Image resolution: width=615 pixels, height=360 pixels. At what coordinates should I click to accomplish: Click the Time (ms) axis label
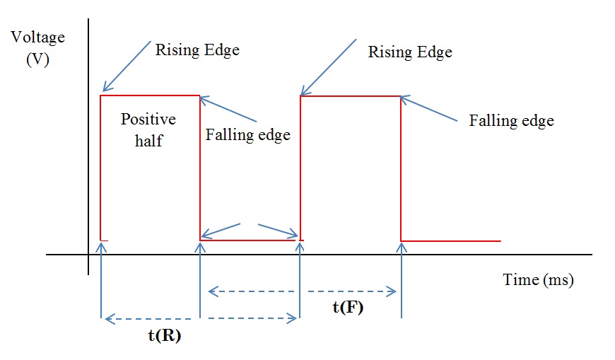(538, 280)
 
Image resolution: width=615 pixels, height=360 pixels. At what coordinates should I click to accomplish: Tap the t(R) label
(165, 336)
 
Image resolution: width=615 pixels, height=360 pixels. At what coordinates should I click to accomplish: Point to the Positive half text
(148, 129)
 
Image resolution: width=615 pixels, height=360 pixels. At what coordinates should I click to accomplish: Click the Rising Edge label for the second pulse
(410, 52)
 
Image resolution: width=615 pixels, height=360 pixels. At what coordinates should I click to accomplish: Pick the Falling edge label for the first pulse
(247, 134)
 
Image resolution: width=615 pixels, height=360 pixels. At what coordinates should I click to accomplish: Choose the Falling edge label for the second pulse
(511, 120)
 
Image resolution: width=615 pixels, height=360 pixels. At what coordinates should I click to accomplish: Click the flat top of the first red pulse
(150, 95)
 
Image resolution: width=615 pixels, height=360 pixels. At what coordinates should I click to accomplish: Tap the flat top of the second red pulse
(351, 96)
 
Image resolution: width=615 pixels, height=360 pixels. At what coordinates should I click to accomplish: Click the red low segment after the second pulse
(451, 241)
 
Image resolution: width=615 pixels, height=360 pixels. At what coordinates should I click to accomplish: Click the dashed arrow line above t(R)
(200, 320)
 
